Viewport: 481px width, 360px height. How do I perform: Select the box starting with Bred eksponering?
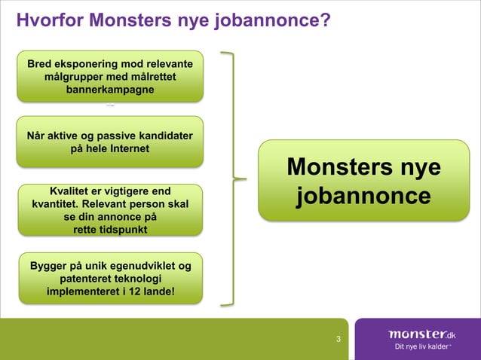(x=110, y=76)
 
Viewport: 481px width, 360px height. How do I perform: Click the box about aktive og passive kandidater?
(x=110, y=142)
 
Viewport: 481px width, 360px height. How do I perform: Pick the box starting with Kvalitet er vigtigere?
(x=110, y=209)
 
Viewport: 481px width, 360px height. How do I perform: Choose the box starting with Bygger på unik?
(x=110, y=278)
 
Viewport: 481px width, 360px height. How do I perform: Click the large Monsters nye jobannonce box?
(x=363, y=181)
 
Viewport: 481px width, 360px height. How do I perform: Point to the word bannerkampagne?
(x=110, y=90)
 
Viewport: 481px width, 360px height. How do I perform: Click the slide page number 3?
(x=339, y=339)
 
